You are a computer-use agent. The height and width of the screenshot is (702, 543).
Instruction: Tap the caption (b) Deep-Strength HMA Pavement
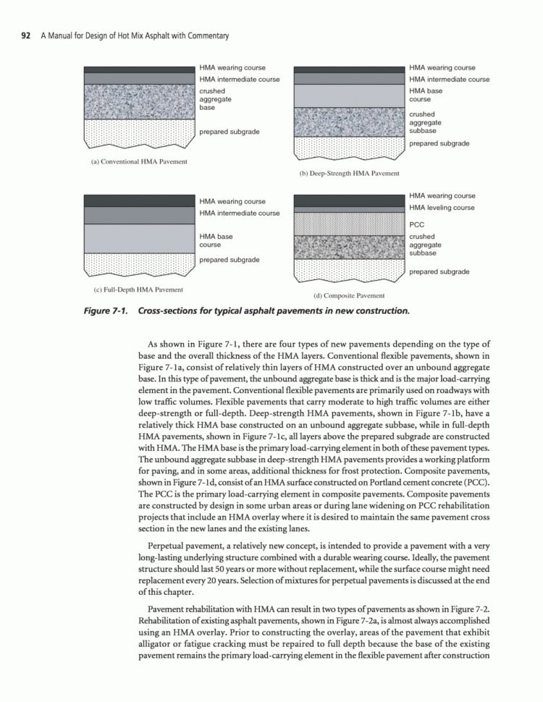tap(349, 174)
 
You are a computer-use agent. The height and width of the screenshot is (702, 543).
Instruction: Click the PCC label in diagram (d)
tap(416, 225)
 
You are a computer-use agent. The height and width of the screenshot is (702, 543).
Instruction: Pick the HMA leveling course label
tap(442, 208)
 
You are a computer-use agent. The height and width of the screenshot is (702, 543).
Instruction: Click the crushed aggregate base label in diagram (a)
tap(216, 100)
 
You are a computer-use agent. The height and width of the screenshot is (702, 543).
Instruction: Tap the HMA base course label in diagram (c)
tap(216, 240)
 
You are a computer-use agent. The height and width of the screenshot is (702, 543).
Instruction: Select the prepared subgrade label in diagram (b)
tap(439, 143)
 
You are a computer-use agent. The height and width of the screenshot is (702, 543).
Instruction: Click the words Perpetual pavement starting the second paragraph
tap(180, 542)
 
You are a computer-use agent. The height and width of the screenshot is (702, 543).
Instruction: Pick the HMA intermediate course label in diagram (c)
tap(239, 213)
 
